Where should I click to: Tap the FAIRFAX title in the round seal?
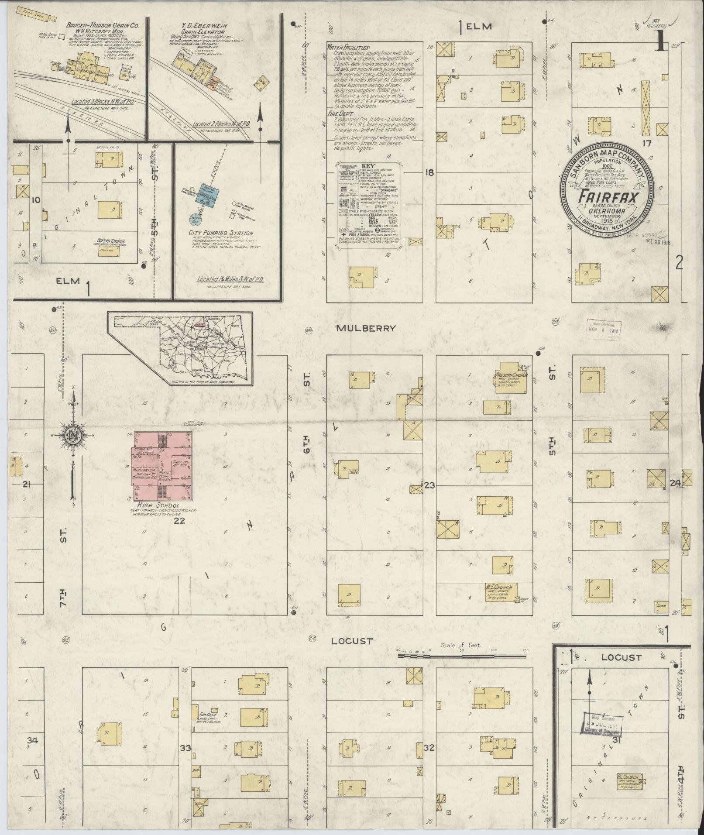pyautogui.click(x=607, y=197)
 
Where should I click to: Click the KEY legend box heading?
pyautogui.click(x=369, y=166)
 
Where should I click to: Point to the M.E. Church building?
pyautogui.click(x=499, y=592)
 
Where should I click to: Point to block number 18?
pyautogui.click(x=429, y=173)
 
